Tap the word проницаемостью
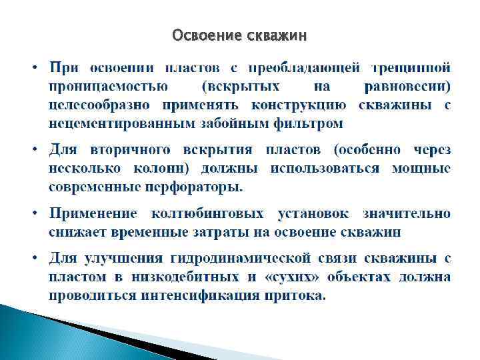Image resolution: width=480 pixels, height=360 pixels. pos(107,86)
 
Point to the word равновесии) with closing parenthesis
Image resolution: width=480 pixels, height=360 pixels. pos(408,86)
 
